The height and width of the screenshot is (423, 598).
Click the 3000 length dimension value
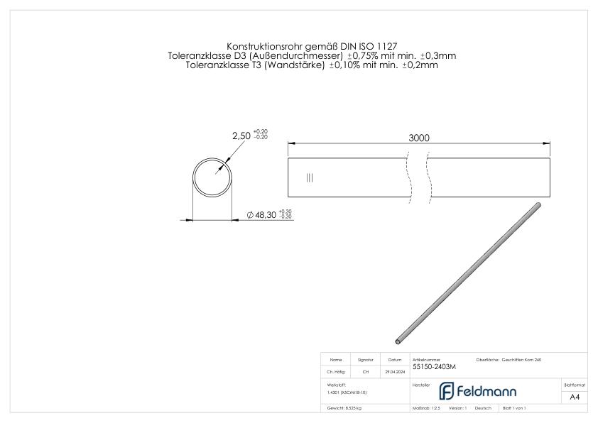point(419,138)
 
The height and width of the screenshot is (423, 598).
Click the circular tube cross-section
point(213,177)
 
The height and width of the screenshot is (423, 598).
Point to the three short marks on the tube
point(309,177)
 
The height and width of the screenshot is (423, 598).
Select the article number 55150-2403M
point(434,367)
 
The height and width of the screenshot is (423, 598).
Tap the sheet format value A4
point(574,397)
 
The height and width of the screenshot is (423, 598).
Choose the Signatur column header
point(366,360)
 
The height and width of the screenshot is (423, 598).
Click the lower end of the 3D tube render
point(397,341)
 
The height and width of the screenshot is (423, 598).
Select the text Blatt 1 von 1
point(513,409)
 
